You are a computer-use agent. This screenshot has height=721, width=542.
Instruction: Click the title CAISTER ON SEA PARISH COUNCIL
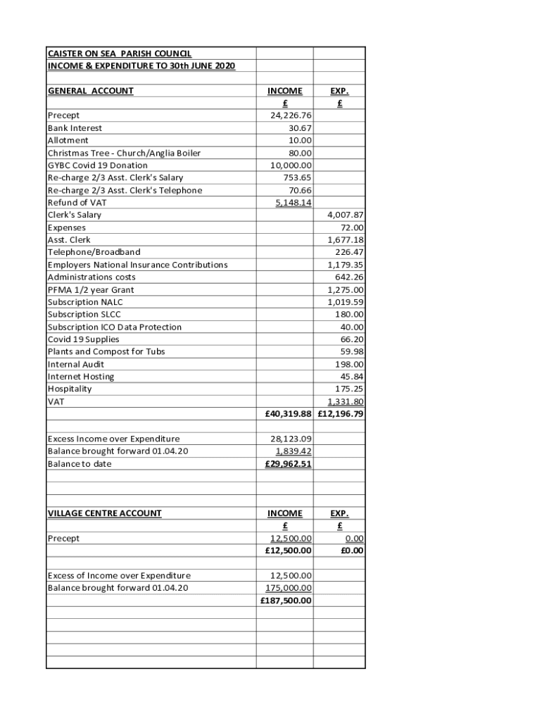coord(119,54)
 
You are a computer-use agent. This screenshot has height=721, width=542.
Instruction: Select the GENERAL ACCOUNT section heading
coord(90,91)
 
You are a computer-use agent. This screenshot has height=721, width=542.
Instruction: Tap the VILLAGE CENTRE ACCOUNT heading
coord(104,513)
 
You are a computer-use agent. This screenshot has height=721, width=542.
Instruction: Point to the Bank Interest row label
coord(75,128)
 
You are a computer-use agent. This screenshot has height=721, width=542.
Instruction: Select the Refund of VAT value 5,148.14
coord(294,203)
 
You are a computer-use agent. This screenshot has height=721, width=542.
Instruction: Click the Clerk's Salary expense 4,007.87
coord(345,215)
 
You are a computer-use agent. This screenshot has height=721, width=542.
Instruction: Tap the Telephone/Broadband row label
coord(94,252)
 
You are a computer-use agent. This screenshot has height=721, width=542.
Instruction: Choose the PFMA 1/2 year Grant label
coord(90,289)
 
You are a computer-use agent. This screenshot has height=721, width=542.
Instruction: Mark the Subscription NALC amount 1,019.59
coord(345,302)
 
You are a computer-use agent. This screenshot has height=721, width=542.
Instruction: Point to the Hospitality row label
coord(70,389)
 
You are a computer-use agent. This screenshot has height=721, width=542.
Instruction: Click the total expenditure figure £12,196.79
coord(341,414)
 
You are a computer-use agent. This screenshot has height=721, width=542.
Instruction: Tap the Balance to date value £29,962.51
coord(289,464)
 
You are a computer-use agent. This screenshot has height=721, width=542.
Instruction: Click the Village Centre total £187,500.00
coord(286,601)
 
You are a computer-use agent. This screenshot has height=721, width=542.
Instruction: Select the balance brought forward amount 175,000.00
coord(289,588)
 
